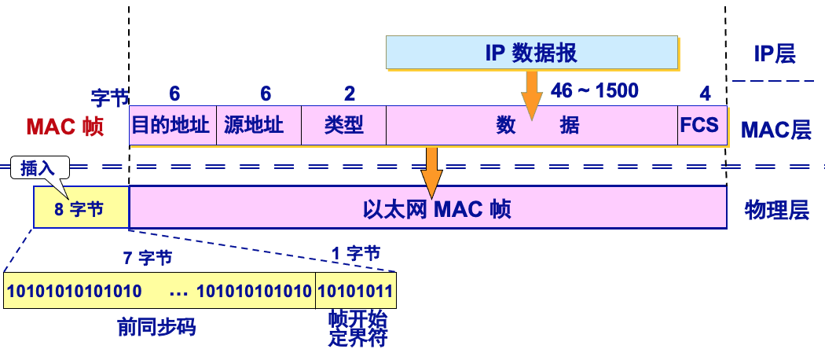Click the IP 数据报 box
tap(532, 53)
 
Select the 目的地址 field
tap(172, 126)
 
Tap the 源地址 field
tap(258, 126)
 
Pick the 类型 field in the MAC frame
tap(343, 126)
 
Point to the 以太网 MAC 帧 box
tap(428, 208)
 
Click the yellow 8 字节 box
tap(80, 209)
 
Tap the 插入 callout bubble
tap(39, 167)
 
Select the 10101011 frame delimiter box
tap(355, 291)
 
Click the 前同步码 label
tap(156, 326)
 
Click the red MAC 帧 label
tap(64, 127)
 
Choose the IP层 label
tap(775, 53)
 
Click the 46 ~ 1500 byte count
tap(594, 90)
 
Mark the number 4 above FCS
tap(705, 94)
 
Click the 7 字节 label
tap(148, 256)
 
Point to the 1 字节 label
tap(354, 253)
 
